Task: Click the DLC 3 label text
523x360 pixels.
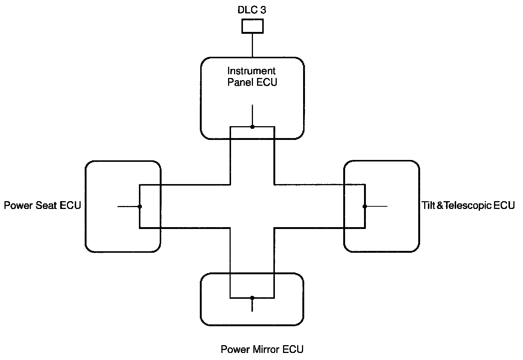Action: click(x=252, y=10)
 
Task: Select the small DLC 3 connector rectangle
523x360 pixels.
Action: click(x=253, y=26)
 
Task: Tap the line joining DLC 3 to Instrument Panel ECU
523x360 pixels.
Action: click(x=253, y=45)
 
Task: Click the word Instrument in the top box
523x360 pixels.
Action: click(x=251, y=71)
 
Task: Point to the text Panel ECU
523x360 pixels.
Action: click(x=252, y=82)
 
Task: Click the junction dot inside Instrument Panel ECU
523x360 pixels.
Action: click(x=252, y=127)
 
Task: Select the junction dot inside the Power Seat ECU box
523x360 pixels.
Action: click(x=139, y=206)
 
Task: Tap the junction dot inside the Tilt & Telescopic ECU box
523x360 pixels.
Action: click(x=365, y=206)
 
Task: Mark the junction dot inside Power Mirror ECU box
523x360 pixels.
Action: click(x=252, y=298)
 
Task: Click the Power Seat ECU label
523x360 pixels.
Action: click(x=42, y=205)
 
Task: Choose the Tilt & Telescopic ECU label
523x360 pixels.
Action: click(x=468, y=205)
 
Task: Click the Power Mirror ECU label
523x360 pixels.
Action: click(x=262, y=349)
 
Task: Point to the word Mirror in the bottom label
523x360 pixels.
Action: click(x=267, y=349)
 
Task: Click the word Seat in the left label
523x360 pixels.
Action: click(x=46, y=205)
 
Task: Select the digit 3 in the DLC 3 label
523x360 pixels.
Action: click(x=263, y=10)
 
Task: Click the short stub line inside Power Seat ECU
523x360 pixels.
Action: click(x=128, y=206)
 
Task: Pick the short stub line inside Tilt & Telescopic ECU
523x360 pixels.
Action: click(x=376, y=206)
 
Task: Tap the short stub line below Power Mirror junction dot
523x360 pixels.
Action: click(x=252, y=305)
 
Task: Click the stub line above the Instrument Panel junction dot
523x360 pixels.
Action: click(x=252, y=115)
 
